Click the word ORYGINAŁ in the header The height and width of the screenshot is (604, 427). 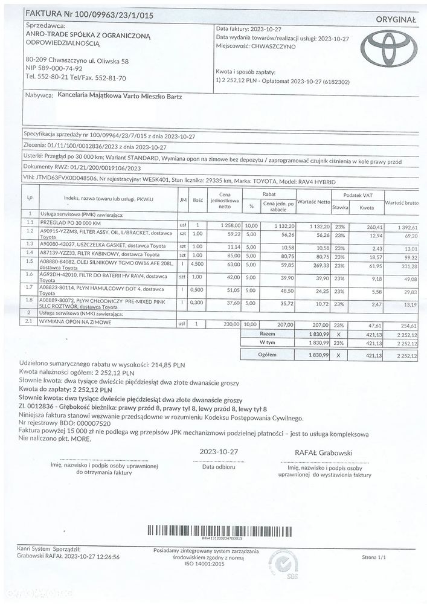click(396, 20)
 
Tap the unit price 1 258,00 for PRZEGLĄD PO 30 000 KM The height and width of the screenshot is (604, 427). click(230, 225)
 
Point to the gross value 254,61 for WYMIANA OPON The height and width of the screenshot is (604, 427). click(408, 324)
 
